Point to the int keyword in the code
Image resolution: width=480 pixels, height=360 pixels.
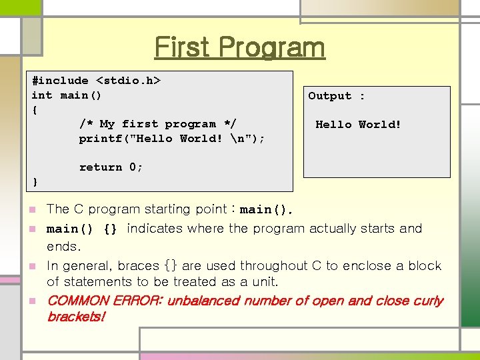(42, 95)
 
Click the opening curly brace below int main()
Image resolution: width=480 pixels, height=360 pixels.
(35, 109)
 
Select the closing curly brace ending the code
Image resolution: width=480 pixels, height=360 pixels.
(35, 181)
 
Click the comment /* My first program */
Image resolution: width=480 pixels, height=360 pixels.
(157, 124)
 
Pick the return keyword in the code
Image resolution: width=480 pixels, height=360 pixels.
(101, 167)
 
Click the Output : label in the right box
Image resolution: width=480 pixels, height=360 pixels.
(336, 96)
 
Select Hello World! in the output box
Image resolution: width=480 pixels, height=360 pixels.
(358, 124)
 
